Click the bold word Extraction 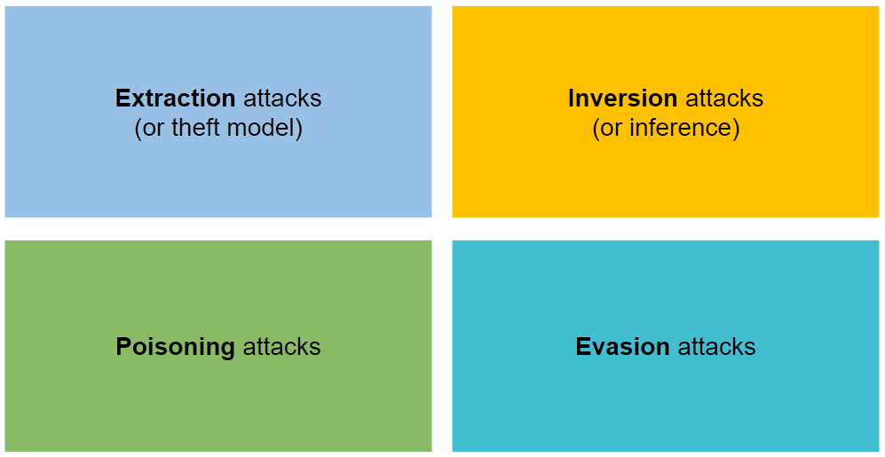(175, 98)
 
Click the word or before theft (154, 128)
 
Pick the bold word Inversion (623, 98)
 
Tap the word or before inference (612, 128)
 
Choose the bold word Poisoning (175, 346)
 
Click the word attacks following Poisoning (281, 346)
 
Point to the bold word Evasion (622, 346)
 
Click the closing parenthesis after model (299, 129)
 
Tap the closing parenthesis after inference (736, 129)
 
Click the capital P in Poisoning (123, 346)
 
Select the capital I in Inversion (572, 98)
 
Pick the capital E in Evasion (583, 346)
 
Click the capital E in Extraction (123, 98)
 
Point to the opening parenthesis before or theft (138, 129)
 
